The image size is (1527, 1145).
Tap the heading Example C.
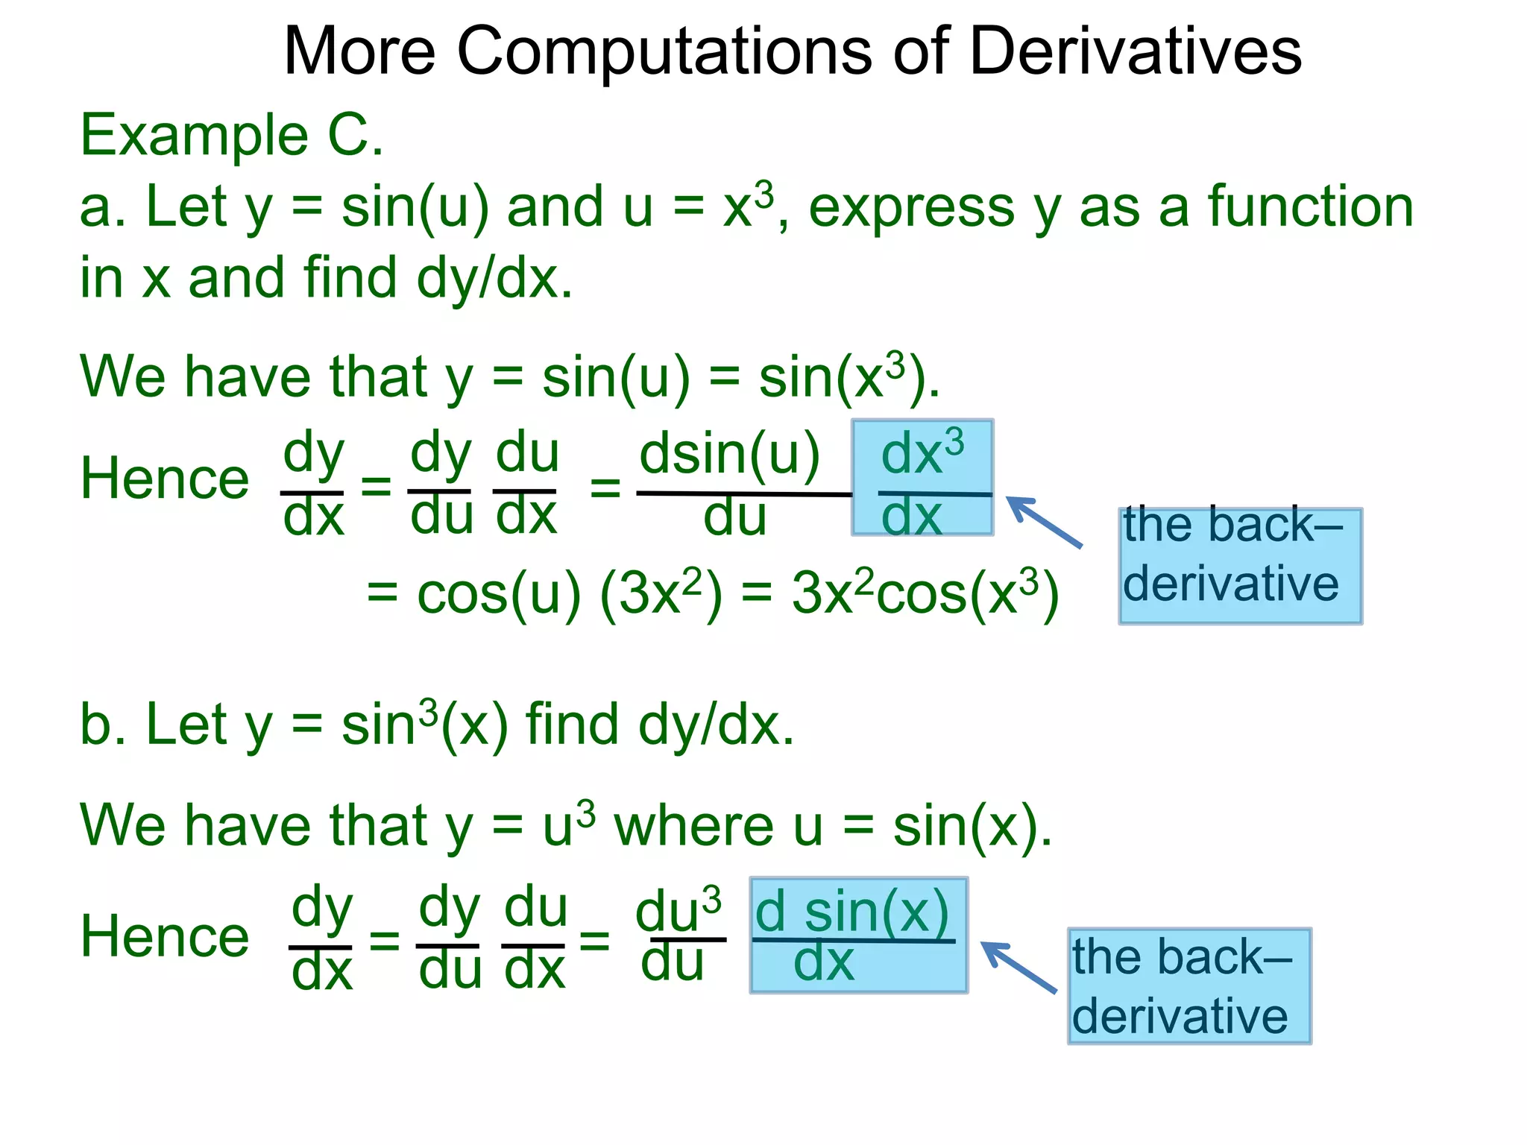pyautogui.click(x=232, y=136)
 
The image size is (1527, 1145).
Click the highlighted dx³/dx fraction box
pyautogui.click(x=922, y=478)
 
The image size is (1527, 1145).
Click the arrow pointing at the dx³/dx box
pyautogui.click(x=1043, y=522)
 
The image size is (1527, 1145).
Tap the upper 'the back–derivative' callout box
pyautogui.click(x=1240, y=566)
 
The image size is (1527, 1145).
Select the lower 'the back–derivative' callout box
pyautogui.click(x=1188, y=985)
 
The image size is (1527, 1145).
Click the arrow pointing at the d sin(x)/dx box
pyautogui.click(x=1018, y=967)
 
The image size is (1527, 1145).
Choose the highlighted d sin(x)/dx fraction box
pyautogui.click(x=858, y=935)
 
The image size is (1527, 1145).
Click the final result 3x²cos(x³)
pyautogui.click(x=925, y=595)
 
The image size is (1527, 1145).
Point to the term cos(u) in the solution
pyautogui.click(x=498, y=595)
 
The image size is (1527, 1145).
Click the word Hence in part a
pyautogui.click(x=165, y=479)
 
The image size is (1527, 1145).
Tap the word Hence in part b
pyautogui.click(x=165, y=937)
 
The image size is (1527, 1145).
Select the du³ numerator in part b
pyautogui.click(x=678, y=909)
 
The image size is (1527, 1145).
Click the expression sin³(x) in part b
pyautogui.click(x=424, y=725)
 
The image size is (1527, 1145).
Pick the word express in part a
pyautogui.click(x=912, y=208)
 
